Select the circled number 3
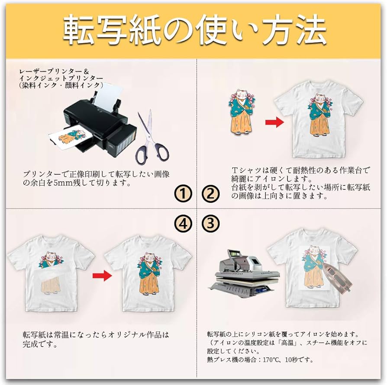210,223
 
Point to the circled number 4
184,223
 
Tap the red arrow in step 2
274,122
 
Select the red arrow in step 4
102,276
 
